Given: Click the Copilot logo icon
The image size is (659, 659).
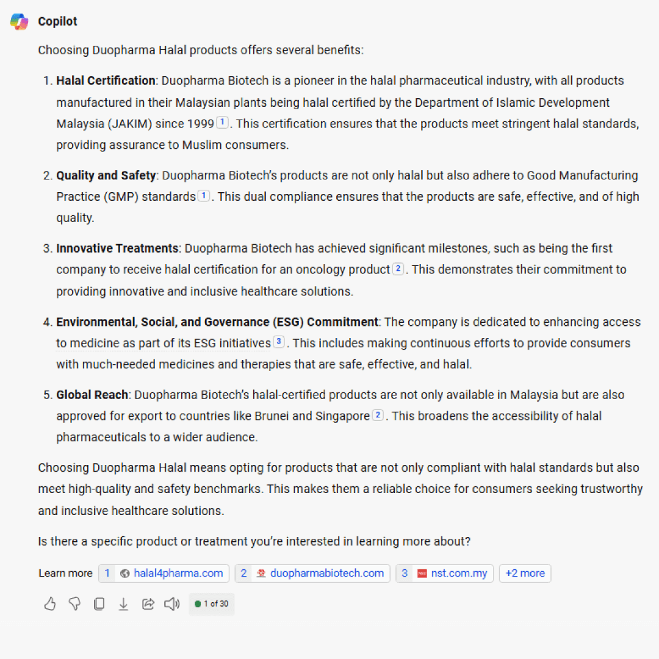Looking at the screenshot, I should tap(20, 21).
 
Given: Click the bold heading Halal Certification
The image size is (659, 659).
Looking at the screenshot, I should tap(106, 81).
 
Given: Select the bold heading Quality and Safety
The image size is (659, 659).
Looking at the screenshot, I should tap(106, 176).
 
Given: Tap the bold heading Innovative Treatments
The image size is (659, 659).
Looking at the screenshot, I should tap(117, 248).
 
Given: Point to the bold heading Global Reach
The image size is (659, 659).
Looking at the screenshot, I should tap(92, 395).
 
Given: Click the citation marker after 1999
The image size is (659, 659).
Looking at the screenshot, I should tap(223, 123).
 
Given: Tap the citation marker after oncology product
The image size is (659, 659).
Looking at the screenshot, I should tap(398, 268).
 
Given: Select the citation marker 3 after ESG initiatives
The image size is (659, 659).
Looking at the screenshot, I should tap(279, 342).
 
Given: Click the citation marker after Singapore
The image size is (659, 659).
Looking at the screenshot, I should tap(378, 416).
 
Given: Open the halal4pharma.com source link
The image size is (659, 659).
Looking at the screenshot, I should tap(164, 573).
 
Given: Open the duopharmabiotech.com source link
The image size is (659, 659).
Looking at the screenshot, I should tap(312, 573).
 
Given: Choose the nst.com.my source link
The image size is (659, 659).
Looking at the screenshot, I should tap(445, 573).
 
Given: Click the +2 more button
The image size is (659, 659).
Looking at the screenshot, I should tap(525, 573).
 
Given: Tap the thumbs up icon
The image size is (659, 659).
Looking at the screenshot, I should tap(50, 604).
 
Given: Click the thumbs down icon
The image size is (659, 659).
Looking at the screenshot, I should tap(74, 604).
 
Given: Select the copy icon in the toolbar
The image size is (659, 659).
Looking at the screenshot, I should tap(99, 604).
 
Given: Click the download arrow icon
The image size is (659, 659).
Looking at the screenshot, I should tap(123, 604).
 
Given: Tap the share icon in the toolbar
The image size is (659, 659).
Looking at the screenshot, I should tap(148, 604).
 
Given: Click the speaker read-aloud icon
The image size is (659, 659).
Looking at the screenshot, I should tap(172, 604).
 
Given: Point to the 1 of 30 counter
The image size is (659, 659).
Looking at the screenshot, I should tap(212, 604).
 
